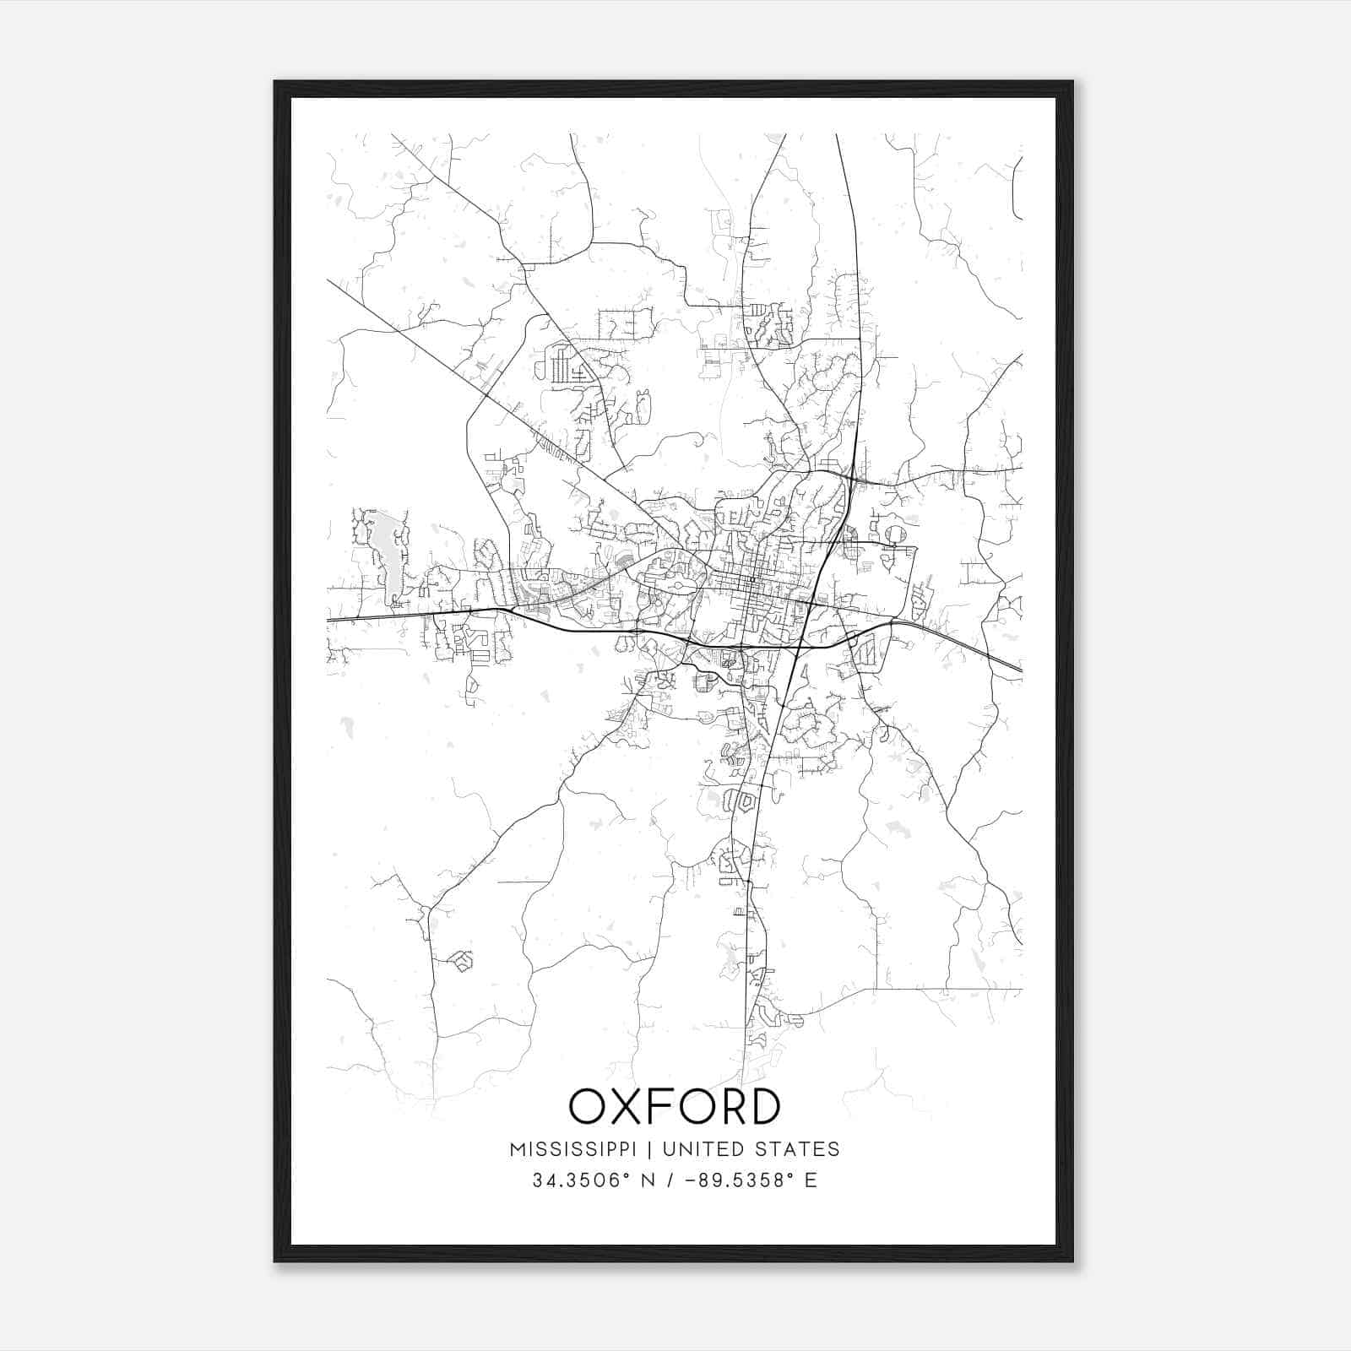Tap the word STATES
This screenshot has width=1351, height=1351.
797,1149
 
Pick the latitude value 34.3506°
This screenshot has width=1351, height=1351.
583,1180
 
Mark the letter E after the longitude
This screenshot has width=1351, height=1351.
811,1180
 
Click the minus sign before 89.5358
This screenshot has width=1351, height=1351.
693,1180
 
